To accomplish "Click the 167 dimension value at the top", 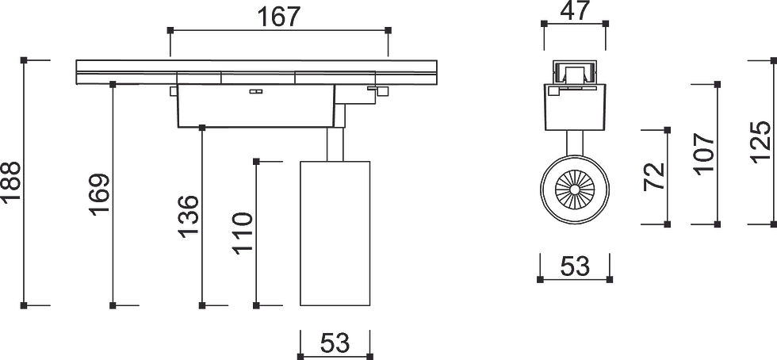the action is pos(279,17).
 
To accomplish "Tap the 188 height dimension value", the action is pos(10,182).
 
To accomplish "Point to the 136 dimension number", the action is pos(189,216).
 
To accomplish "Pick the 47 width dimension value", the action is pos(576,11).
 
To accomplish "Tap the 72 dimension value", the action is pos(654,177).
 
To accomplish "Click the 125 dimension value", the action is pos(760,142).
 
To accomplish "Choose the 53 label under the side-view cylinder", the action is pos(335,343).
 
